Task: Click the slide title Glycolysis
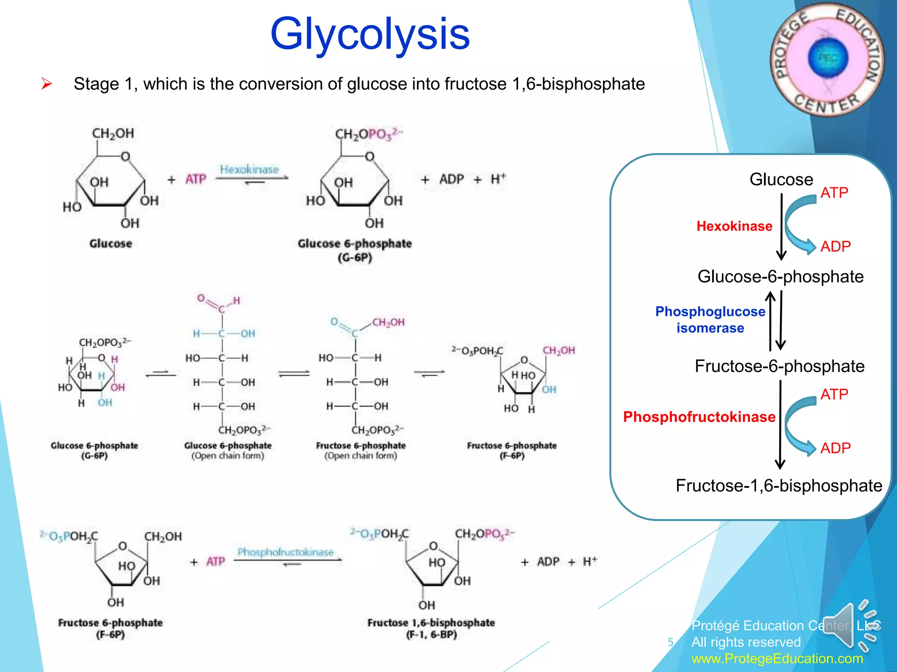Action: [x=370, y=34]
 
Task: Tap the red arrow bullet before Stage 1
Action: [x=46, y=84]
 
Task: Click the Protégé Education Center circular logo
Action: [x=827, y=59]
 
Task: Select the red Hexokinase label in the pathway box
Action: [x=734, y=226]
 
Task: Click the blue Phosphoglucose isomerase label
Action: [x=710, y=320]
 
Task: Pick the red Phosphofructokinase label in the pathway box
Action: [x=699, y=417]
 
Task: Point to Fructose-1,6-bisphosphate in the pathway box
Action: [x=779, y=486]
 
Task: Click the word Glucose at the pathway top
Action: [x=781, y=179]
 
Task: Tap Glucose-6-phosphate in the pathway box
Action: [x=780, y=276]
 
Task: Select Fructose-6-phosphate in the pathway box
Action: [x=780, y=366]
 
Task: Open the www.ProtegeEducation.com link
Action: [x=777, y=658]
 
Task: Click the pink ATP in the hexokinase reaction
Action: [x=195, y=179]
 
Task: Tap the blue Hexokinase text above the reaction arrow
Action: [x=249, y=169]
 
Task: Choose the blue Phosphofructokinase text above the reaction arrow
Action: [x=286, y=552]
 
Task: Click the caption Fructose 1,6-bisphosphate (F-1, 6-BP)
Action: [x=431, y=628]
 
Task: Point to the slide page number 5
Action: [x=670, y=642]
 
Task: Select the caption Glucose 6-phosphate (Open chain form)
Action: [x=228, y=451]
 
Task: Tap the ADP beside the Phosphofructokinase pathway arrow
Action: [x=835, y=448]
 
